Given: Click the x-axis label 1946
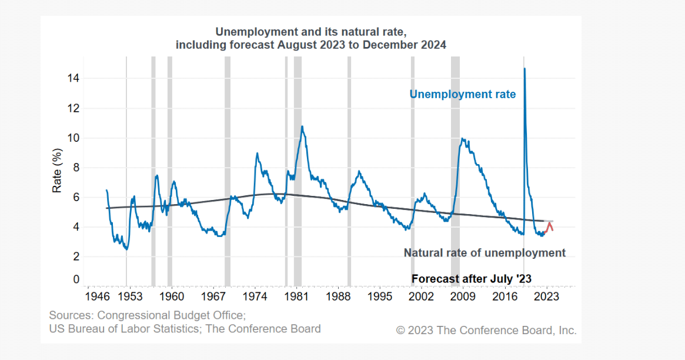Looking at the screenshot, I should tap(96, 296).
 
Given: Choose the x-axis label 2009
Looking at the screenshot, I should tap(463, 296).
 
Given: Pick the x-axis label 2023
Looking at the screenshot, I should tap(547, 296).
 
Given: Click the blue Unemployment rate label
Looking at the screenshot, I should tap(462, 94).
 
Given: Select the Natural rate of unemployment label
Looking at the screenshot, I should tap(484, 253).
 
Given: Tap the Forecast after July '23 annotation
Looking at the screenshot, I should tap(472, 279).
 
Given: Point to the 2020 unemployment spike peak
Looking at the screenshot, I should tap(524, 69).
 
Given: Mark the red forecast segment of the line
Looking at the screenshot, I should tap(549, 225).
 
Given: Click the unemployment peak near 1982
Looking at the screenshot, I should tap(302, 126).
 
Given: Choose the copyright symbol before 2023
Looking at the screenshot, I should tap(400, 330).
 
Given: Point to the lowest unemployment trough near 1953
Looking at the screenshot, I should tap(126, 249).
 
